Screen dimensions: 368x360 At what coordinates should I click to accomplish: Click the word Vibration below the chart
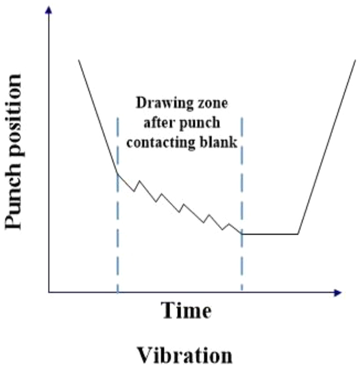(184, 356)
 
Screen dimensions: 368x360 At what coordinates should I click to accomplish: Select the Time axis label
(186, 311)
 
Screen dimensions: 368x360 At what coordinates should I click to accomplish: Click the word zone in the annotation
(211, 105)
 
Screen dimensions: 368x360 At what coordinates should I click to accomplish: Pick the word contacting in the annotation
(155, 142)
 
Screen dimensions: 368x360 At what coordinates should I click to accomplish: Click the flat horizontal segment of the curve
(270, 234)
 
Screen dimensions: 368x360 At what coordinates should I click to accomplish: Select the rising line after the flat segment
(326, 146)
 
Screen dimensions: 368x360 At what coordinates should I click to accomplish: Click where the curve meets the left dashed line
(117, 174)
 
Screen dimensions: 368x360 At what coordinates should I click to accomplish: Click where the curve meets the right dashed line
(242, 234)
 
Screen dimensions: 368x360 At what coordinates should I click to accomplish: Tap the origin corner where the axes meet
(49, 292)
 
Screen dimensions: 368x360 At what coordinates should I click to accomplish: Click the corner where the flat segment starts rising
(298, 234)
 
